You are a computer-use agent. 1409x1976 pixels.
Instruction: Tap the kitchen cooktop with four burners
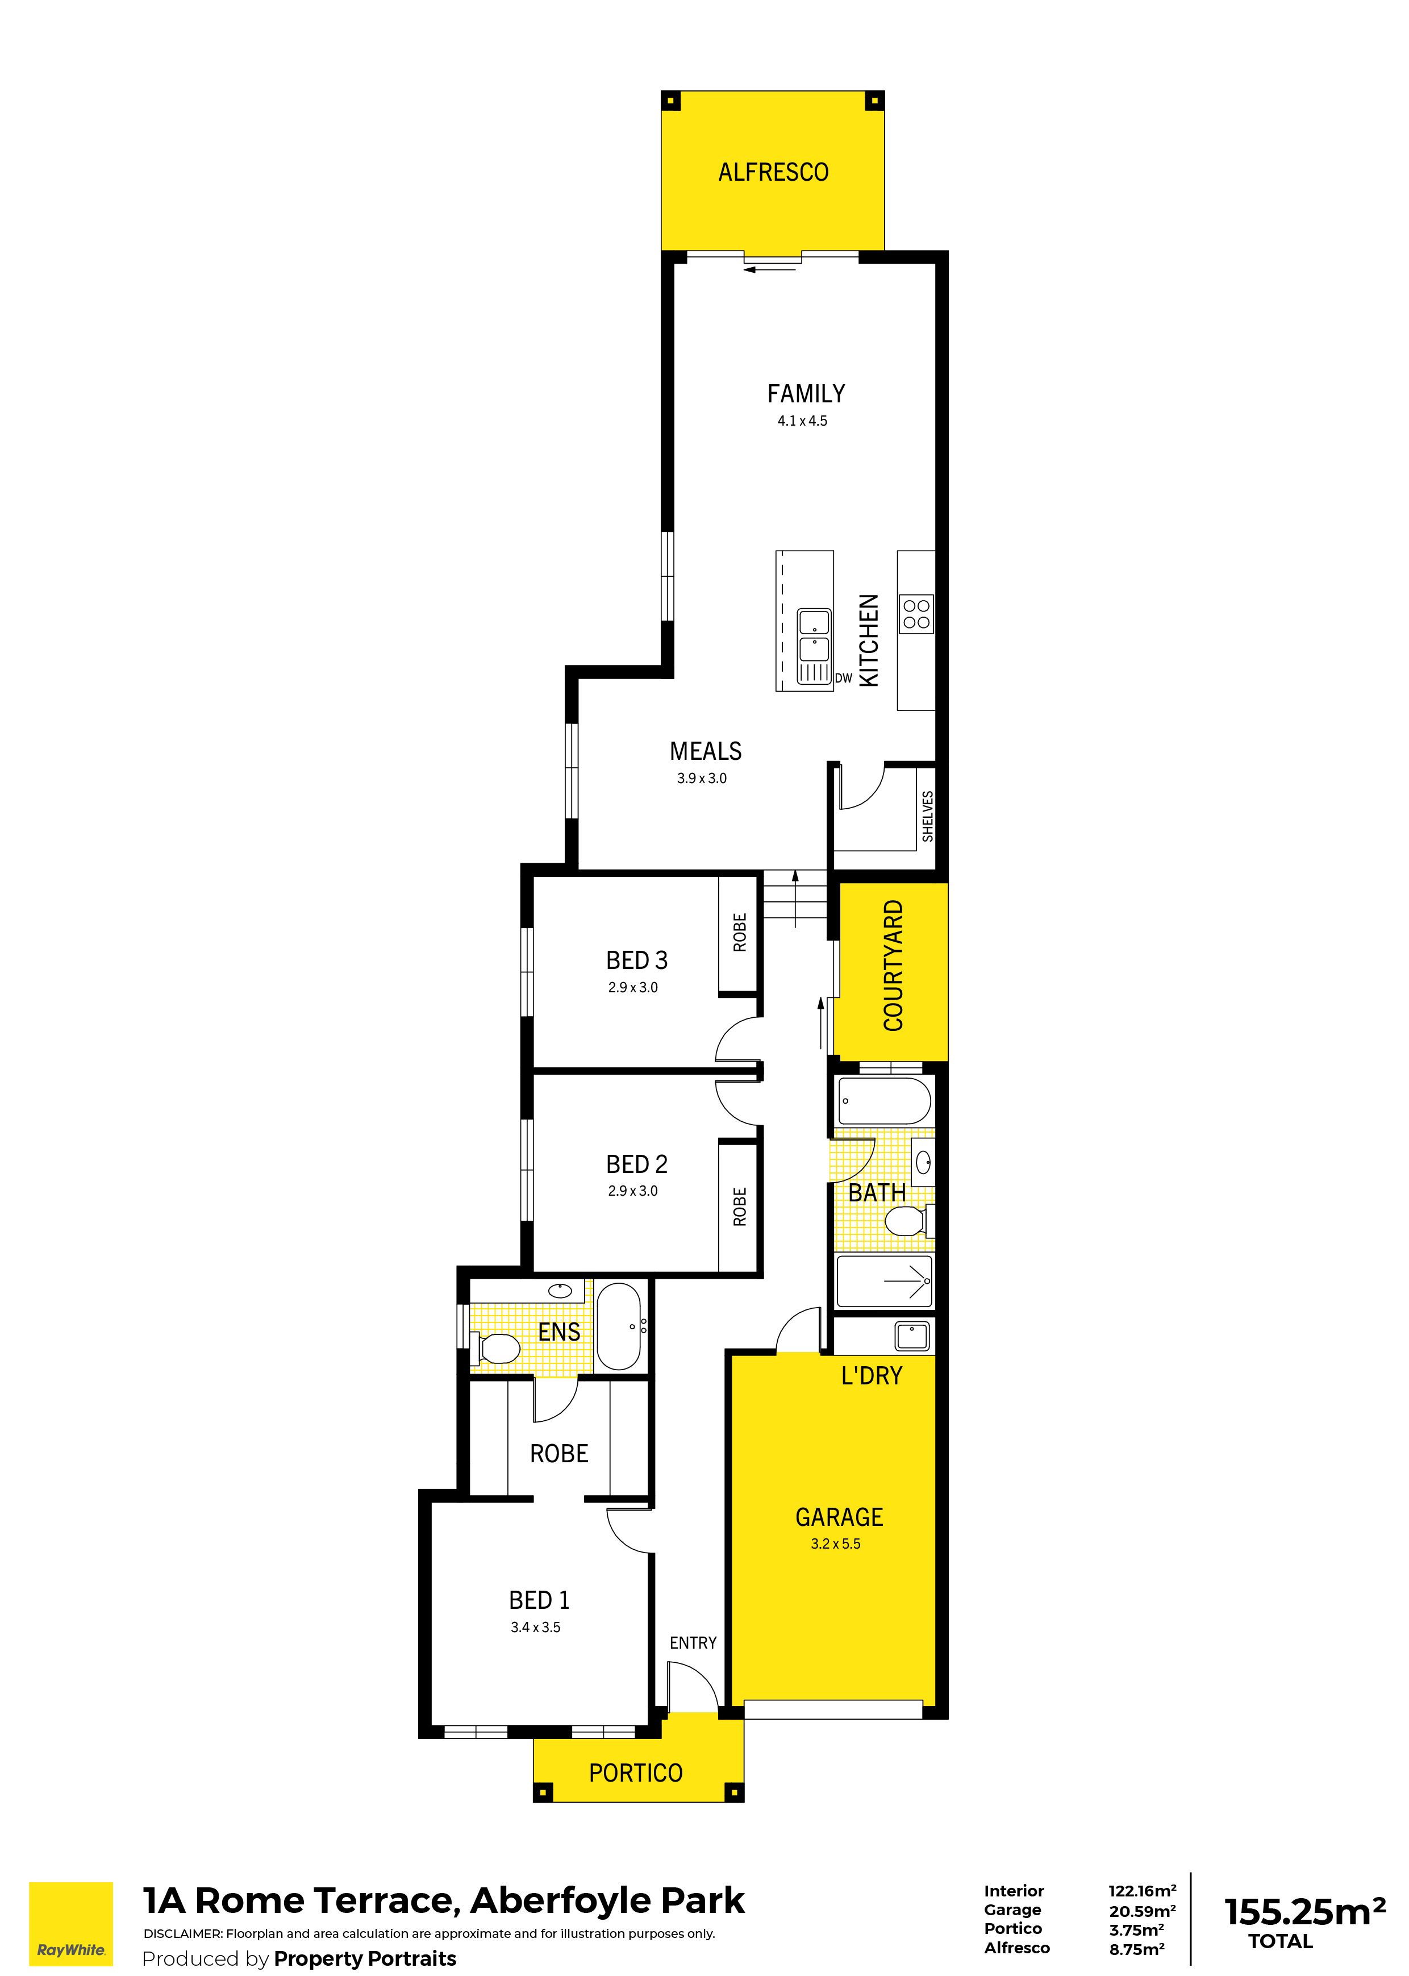click(916, 614)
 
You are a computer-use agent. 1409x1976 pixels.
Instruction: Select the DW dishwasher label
click(843, 678)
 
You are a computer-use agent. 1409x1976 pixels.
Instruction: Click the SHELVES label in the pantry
click(927, 816)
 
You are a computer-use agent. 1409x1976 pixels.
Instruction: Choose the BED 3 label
click(637, 960)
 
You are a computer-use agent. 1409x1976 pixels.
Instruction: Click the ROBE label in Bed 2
click(739, 1207)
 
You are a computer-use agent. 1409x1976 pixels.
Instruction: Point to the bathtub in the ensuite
click(619, 1326)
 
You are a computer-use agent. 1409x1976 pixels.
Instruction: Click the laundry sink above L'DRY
click(912, 1336)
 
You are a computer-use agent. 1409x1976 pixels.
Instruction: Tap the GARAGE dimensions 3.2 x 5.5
click(836, 1544)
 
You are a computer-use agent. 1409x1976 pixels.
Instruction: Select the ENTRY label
click(693, 1643)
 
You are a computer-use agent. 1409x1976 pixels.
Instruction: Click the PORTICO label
click(635, 1773)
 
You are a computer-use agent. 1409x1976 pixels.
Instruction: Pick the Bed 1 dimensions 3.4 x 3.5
click(535, 1627)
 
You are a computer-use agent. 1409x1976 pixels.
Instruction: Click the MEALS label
click(706, 751)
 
